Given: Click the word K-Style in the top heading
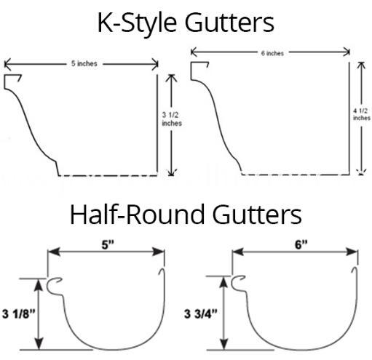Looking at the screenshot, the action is pyautogui.click(x=137, y=23).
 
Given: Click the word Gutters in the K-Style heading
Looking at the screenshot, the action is pyautogui.click(x=229, y=23).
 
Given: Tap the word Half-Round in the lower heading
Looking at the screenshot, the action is pyautogui.click(x=138, y=215).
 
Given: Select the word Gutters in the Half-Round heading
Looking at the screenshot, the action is pyautogui.click(x=257, y=215).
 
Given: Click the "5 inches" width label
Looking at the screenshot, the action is pyautogui.click(x=84, y=63).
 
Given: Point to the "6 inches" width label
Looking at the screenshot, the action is pyautogui.click(x=272, y=53).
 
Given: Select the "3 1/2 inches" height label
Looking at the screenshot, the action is pyautogui.click(x=172, y=119).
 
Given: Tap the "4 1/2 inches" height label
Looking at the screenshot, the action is pyautogui.click(x=362, y=114).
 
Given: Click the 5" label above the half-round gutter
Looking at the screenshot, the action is pyautogui.click(x=108, y=244).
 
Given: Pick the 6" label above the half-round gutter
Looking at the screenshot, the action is pyautogui.click(x=301, y=244).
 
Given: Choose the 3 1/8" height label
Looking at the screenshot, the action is pyautogui.click(x=19, y=313).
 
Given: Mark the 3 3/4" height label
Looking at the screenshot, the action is pyautogui.click(x=201, y=313).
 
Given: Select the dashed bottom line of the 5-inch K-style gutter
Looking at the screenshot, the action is pyautogui.click(x=108, y=175).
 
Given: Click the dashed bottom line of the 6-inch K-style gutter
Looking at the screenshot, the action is pyautogui.click(x=296, y=175).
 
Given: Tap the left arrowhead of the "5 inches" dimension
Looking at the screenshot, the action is pyautogui.click(x=8, y=64).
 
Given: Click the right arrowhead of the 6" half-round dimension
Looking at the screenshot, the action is pyautogui.click(x=352, y=252).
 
